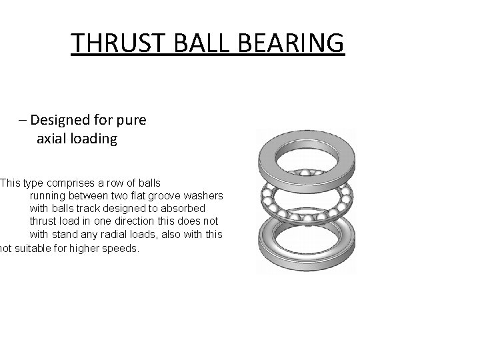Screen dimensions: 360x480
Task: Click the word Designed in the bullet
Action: pos(63,121)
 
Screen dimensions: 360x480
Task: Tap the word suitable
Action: pos(36,249)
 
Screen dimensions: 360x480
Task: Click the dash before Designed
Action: pos(24,121)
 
